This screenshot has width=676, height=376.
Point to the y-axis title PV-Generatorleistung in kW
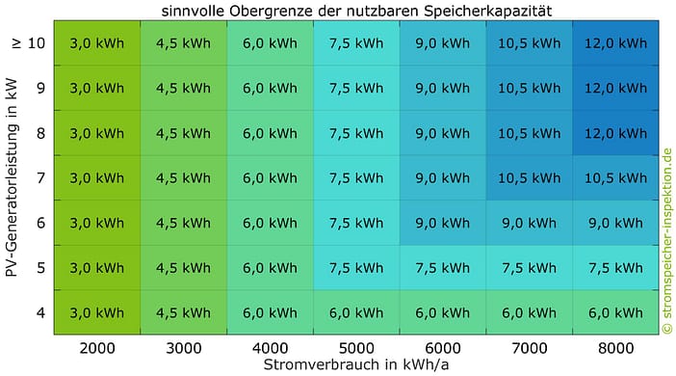tap(12, 177)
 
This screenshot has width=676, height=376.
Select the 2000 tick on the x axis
tap(97, 347)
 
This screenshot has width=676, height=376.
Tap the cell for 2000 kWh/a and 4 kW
tap(97, 312)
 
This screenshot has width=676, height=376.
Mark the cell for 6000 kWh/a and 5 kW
tap(443, 268)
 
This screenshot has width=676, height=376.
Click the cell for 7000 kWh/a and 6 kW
tap(529, 223)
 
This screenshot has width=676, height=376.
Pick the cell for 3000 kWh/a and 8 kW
tap(183, 133)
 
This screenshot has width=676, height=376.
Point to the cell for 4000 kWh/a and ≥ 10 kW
tap(270, 43)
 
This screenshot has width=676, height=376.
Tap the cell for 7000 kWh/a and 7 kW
tap(529, 177)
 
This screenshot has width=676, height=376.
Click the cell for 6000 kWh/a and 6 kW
tap(443, 223)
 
